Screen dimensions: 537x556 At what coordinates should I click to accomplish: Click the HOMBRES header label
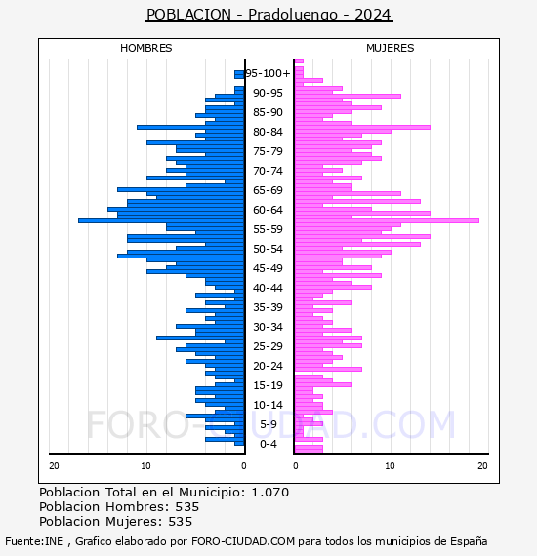click(145, 48)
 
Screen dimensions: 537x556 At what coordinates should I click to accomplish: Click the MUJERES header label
click(391, 48)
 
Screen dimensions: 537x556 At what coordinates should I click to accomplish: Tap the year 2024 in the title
click(373, 15)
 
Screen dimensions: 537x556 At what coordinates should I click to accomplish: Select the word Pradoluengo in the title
click(293, 15)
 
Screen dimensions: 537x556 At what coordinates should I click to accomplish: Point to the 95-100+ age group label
click(268, 73)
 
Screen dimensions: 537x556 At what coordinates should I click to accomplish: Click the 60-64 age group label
click(268, 210)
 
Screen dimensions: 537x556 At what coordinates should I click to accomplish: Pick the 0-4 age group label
click(268, 444)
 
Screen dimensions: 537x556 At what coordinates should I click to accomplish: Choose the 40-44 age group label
click(268, 288)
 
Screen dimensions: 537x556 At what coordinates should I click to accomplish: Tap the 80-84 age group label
click(268, 132)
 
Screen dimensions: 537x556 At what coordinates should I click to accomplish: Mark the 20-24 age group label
click(268, 366)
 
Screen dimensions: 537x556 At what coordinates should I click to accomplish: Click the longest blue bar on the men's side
click(161, 220)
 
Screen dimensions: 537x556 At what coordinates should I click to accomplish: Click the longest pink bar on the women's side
click(387, 220)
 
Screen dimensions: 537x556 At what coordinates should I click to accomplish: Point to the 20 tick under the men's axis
click(54, 466)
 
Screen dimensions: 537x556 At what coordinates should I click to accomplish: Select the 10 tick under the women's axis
click(390, 466)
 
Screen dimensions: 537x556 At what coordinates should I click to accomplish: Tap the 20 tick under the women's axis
click(482, 466)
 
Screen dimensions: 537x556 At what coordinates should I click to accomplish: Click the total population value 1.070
click(270, 493)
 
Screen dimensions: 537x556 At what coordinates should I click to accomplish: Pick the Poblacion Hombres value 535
click(187, 507)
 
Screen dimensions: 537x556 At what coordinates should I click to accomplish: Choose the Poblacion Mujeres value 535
click(181, 522)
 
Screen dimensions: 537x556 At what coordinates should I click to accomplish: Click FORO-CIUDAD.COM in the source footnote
click(243, 541)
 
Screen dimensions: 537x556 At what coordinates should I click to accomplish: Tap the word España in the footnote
click(469, 541)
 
